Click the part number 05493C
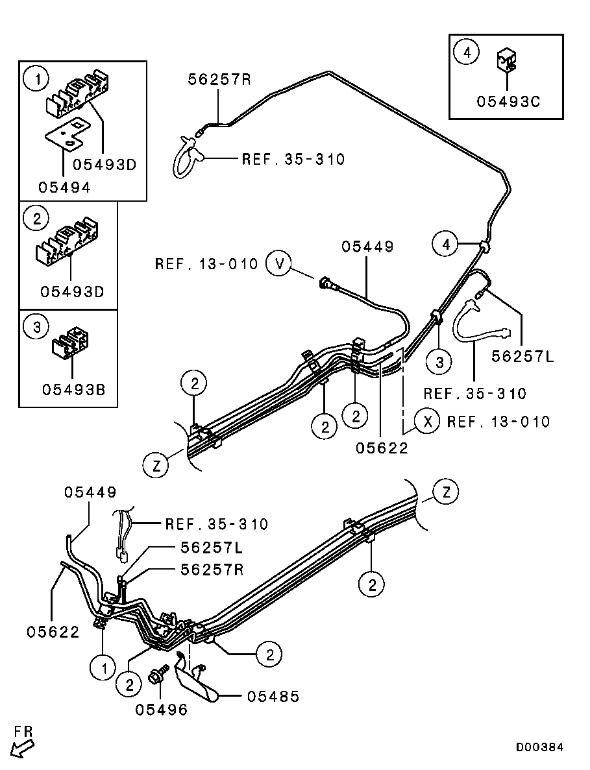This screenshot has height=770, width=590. click(508, 102)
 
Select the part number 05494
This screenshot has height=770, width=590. click(64, 187)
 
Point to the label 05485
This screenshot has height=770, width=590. click(273, 696)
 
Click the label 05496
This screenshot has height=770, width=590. click(161, 710)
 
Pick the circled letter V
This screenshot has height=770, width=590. click(280, 264)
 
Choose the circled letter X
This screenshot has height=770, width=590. click(427, 422)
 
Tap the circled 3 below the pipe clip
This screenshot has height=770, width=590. click(439, 363)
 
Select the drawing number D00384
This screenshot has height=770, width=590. click(539, 747)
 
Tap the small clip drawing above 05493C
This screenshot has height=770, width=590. click(506, 60)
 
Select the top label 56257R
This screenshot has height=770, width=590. click(219, 79)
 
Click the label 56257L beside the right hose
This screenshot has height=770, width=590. click(522, 356)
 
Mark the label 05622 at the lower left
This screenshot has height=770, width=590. click(53, 631)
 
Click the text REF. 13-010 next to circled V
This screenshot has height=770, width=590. click(206, 264)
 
